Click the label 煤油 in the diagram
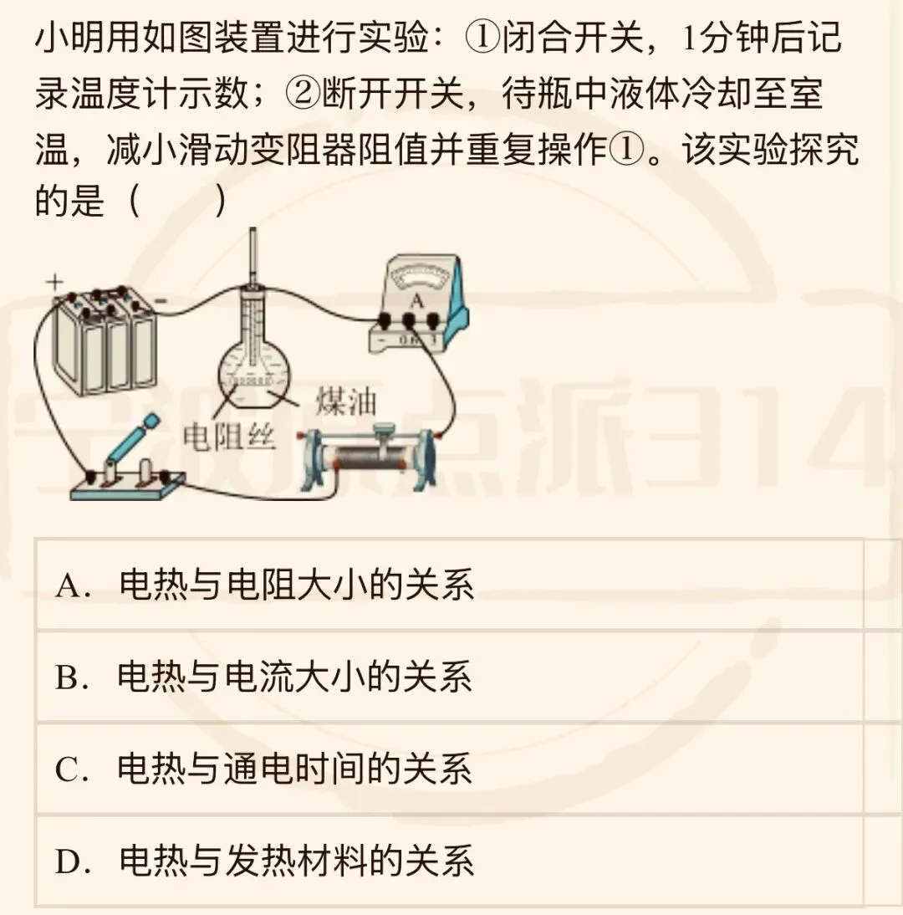[345, 402]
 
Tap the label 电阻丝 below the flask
[229, 436]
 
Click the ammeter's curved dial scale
[416, 279]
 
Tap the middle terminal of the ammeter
[409, 319]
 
